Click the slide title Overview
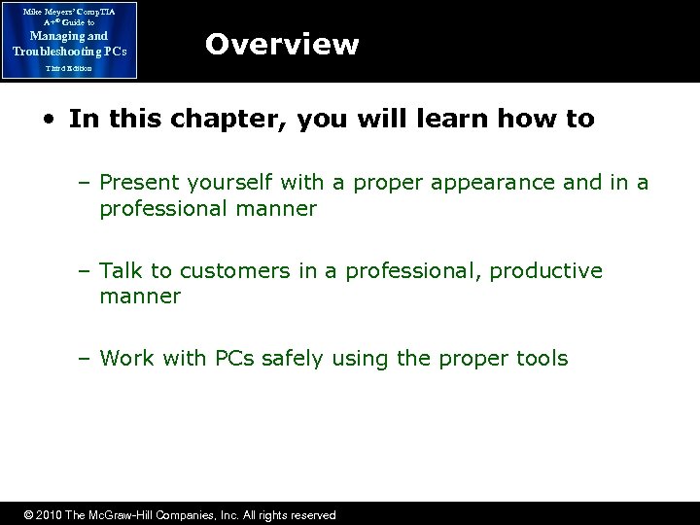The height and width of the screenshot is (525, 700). (282, 45)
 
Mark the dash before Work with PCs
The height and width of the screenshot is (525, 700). (86, 359)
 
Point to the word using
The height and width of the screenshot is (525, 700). (367, 359)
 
